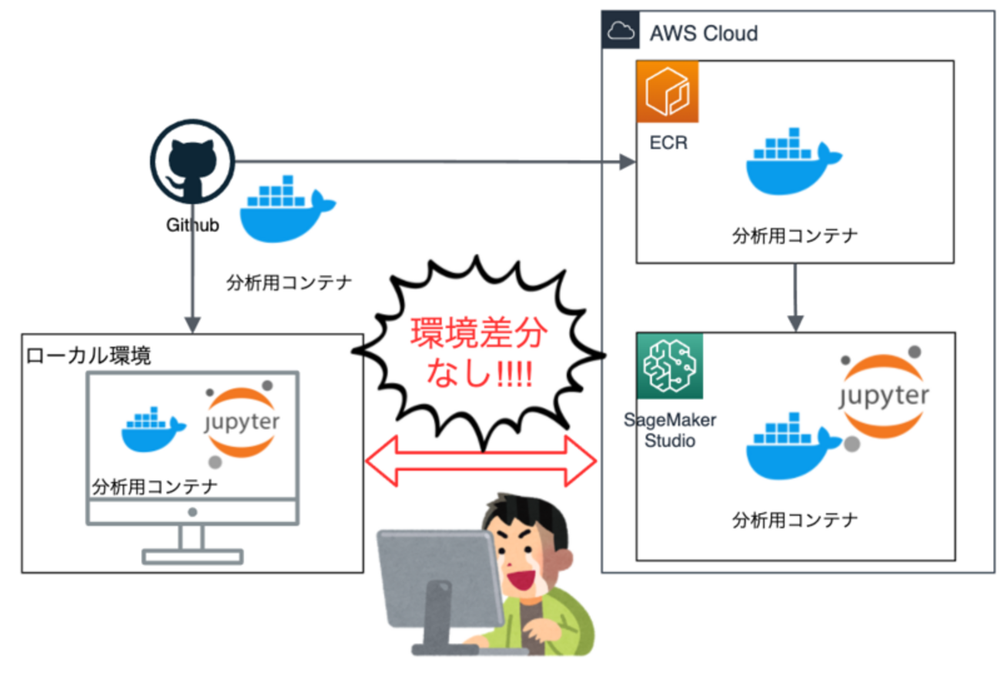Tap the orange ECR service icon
click(667, 92)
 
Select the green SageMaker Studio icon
click(669, 366)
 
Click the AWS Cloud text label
click(703, 34)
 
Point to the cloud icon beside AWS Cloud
click(620, 32)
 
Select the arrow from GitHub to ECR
click(431, 162)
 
